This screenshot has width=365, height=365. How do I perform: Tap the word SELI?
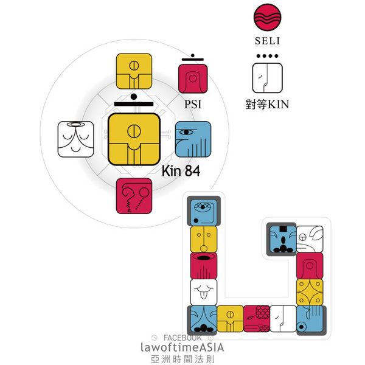coord(267,43)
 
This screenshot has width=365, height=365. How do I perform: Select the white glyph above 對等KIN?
coord(267,78)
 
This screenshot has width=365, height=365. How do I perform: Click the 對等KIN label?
coord(267,104)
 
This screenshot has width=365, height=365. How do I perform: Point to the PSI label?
coord(192,104)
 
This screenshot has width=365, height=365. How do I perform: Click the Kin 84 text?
coord(181,172)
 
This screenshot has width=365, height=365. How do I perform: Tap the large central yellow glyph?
coord(134,139)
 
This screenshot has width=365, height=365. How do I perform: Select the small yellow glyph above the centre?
coord(134,71)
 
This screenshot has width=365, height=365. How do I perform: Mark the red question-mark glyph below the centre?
coord(134,195)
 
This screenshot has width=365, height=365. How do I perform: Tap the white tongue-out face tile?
coord(204,291)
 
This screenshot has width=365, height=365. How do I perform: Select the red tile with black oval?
coord(204,265)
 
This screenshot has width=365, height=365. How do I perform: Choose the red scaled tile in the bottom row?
coord(257,319)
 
